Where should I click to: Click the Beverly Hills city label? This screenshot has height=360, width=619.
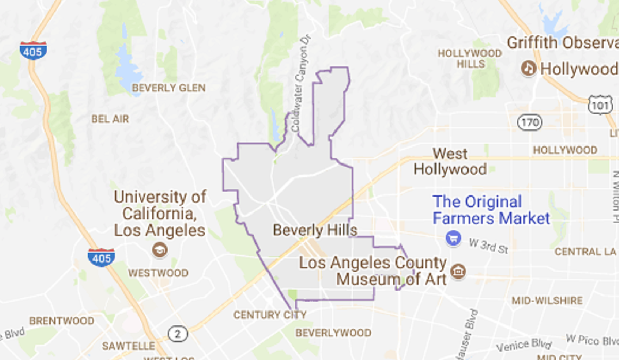[315, 230]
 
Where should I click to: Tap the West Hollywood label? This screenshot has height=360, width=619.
[450, 161]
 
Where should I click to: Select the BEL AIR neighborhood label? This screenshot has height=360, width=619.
[110, 119]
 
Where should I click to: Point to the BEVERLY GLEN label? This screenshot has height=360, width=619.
[169, 88]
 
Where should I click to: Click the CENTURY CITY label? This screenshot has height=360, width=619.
[270, 315]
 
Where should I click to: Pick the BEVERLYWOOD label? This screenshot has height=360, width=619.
[333, 333]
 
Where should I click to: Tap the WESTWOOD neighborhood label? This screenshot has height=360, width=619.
[158, 273]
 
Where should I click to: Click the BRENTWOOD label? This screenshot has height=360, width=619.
[62, 321]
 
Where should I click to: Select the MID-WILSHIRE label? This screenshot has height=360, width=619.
[547, 300]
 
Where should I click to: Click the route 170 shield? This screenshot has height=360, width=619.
[530, 122]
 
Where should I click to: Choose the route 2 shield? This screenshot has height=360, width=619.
[178, 334]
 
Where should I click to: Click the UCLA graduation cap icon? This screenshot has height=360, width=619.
[160, 250]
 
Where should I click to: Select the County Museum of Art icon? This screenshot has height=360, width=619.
[458, 270]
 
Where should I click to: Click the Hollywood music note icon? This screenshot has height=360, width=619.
[528, 68]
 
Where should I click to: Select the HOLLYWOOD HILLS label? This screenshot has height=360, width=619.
[469, 58]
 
